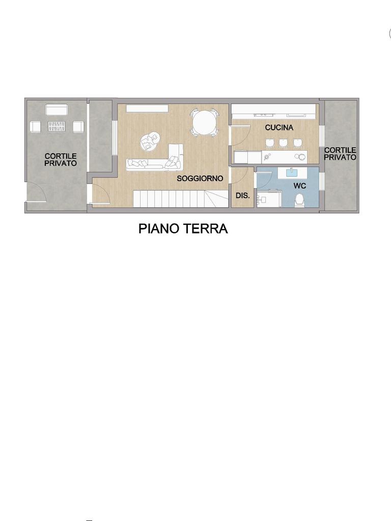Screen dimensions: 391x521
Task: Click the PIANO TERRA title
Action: click(183, 228)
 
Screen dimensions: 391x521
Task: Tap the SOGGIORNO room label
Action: click(200, 179)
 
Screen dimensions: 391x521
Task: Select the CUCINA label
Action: click(279, 127)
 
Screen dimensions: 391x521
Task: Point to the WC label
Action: click(299, 186)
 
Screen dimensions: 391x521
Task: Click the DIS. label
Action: click(243, 196)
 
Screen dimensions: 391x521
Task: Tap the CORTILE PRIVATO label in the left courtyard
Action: click(61, 159)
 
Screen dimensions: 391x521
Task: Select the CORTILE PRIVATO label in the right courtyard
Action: click(340, 154)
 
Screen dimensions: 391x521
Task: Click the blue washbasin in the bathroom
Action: click(292, 172)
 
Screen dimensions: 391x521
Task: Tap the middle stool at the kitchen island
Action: click(283, 142)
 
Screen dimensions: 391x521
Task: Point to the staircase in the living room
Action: click(182, 198)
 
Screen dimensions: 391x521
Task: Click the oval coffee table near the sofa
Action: click(149, 142)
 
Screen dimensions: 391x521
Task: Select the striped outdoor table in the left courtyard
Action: click(57, 126)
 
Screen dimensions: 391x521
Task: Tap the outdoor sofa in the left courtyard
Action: click(57, 110)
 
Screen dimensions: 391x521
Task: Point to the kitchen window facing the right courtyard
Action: click(322, 136)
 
